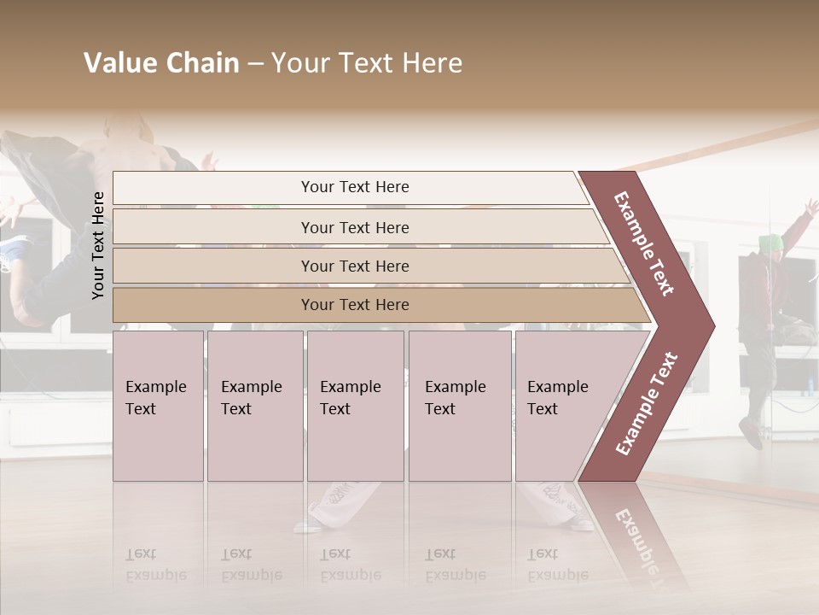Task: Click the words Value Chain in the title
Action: coord(161,63)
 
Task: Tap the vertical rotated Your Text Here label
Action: coord(98,245)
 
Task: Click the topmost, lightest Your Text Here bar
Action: coord(355,187)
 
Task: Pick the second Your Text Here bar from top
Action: coord(355,227)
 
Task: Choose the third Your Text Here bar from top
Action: coord(355,266)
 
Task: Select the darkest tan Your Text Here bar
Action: coord(355,305)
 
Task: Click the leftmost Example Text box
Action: coord(158,405)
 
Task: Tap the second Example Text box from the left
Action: coord(254,405)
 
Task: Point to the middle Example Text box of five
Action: coord(355,405)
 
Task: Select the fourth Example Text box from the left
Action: coord(459,405)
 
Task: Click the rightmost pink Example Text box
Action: coord(563,405)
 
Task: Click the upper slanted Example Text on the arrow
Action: coord(644,243)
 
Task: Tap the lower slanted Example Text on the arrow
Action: coord(646,404)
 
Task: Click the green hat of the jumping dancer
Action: coord(771,243)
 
